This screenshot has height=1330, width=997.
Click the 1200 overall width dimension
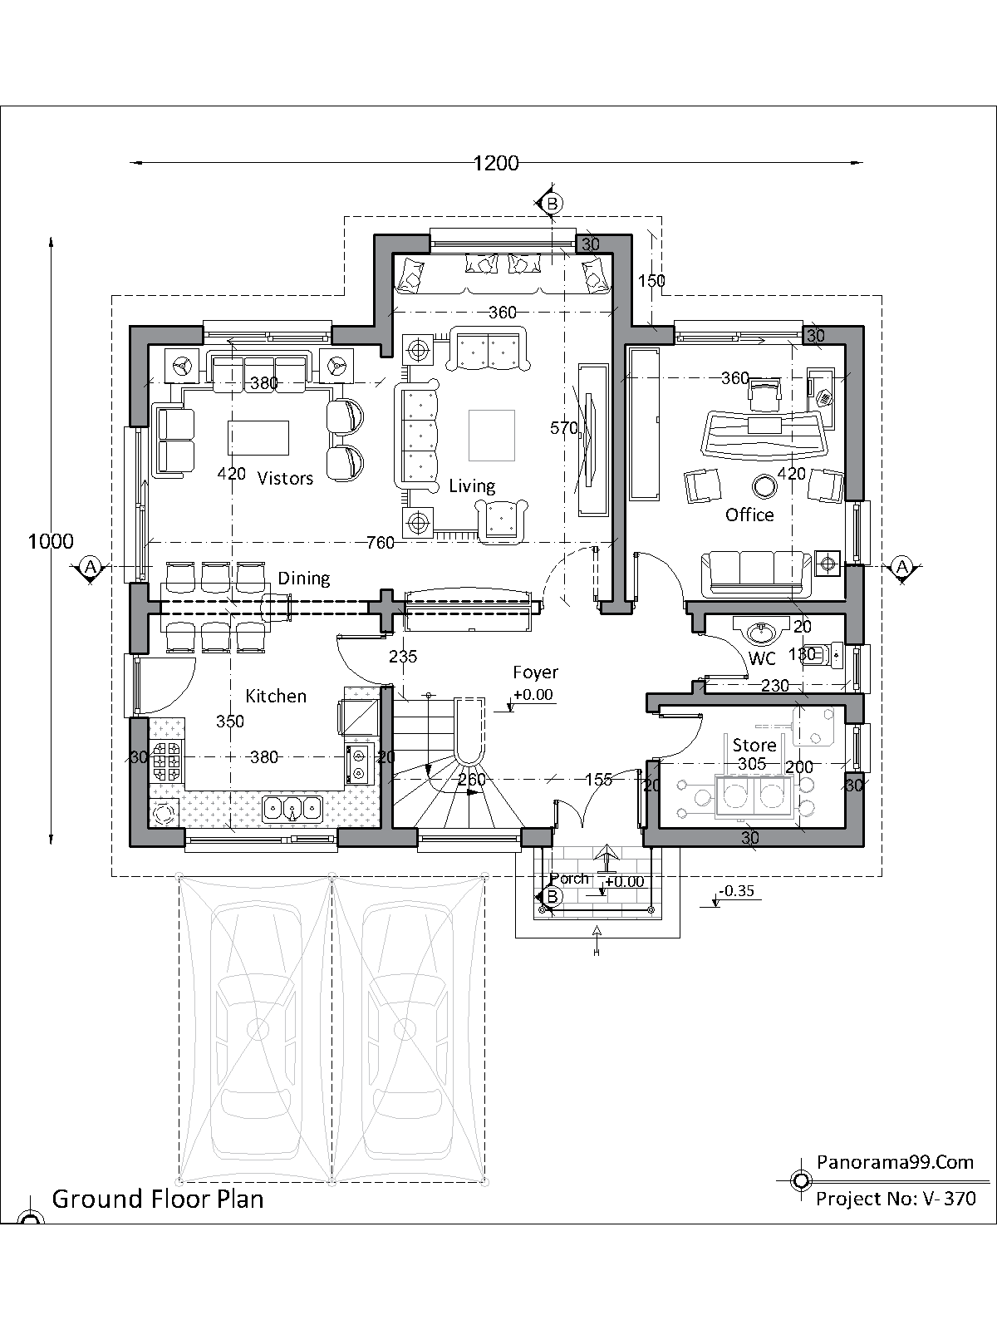[496, 163]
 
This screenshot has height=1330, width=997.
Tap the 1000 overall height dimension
[51, 541]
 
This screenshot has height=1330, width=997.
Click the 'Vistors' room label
[285, 478]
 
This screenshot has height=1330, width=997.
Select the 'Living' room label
[472, 485]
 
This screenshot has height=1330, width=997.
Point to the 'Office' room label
[749, 515]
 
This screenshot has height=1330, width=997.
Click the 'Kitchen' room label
[276, 696]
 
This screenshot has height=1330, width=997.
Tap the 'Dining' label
[303, 578]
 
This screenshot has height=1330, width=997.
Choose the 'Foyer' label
[535, 672]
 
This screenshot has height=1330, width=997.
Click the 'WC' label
[762, 658]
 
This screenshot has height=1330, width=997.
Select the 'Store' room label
[754, 744]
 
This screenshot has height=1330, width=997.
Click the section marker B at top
[550, 203]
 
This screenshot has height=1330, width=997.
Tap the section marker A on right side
[902, 567]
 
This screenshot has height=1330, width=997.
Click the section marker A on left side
[91, 567]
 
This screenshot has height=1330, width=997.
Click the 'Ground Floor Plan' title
[158, 1199]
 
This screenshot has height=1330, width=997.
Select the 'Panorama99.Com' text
[895, 1161]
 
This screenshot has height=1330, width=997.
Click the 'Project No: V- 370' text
[896, 1199]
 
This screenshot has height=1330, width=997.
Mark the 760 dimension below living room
[381, 543]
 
